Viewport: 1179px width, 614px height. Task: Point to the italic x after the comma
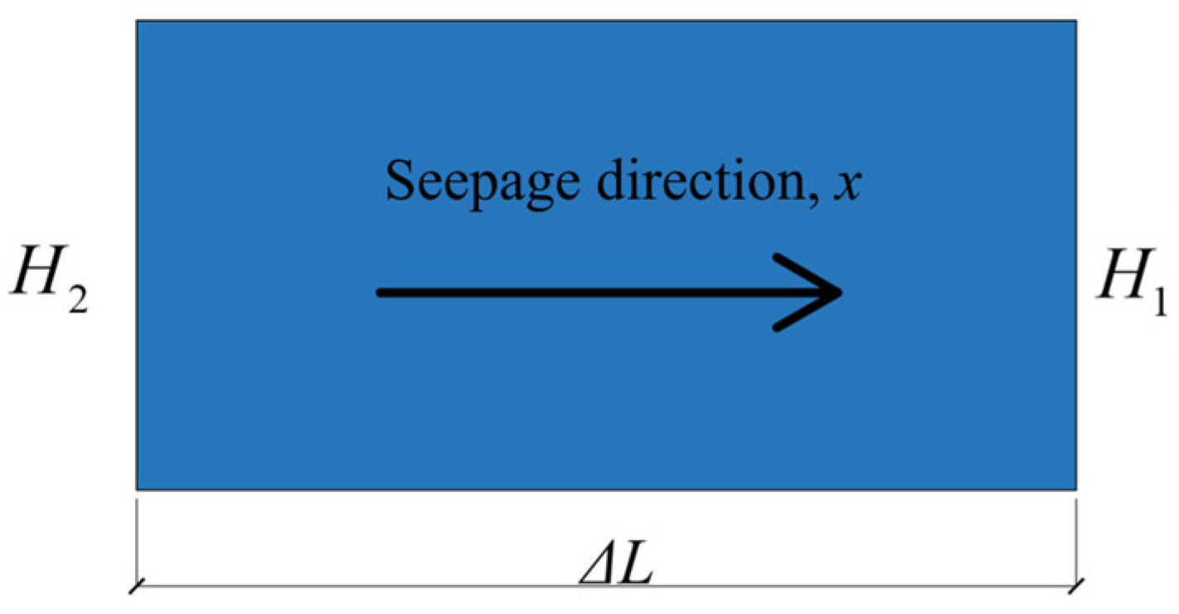849,182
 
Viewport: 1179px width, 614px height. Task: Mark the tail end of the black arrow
381,292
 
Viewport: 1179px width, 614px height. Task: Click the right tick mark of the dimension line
1076,587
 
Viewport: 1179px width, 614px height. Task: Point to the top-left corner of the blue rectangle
138,22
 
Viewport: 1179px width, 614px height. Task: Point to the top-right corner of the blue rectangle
1075,22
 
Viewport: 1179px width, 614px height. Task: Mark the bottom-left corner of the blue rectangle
138,488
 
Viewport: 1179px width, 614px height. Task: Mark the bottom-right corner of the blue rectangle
1075,488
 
